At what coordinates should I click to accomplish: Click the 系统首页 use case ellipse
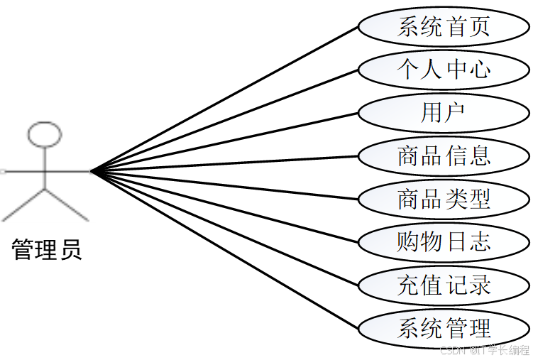click(444, 27)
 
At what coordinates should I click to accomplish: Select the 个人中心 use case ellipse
click(444, 70)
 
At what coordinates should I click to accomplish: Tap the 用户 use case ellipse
click(444, 112)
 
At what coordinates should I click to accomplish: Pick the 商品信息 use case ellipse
click(444, 155)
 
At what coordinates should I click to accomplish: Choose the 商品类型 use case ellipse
click(444, 198)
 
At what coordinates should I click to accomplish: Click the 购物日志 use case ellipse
click(444, 241)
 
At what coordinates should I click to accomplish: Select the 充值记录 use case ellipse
click(444, 285)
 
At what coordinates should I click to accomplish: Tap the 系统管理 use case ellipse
click(444, 328)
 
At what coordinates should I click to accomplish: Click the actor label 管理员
click(47, 250)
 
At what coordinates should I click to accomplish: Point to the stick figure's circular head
click(45, 133)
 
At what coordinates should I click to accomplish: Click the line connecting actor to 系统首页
click(227, 98)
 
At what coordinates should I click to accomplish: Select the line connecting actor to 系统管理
click(227, 250)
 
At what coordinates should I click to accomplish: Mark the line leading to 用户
click(227, 141)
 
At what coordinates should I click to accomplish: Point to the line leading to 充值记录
click(227, 228)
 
